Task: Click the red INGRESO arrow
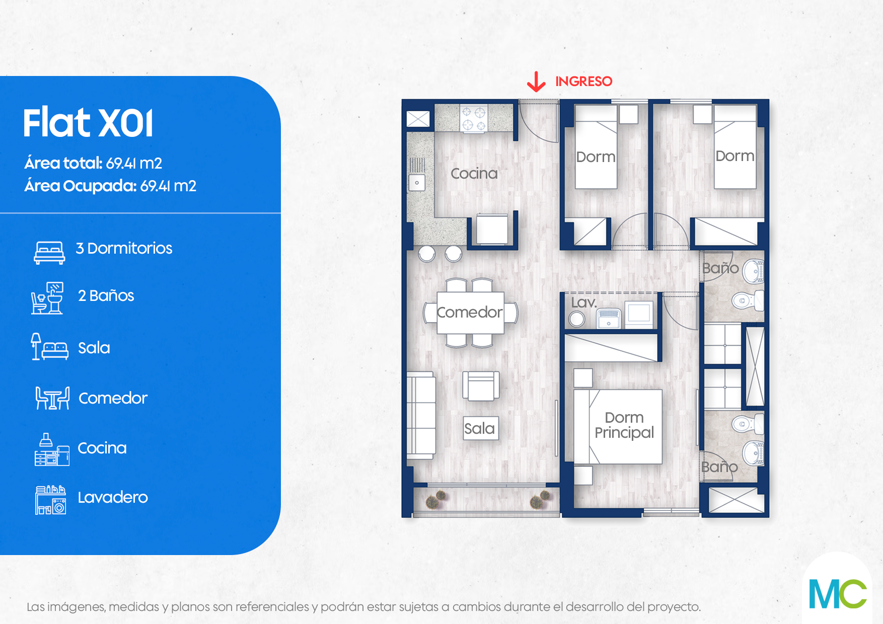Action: click(x=536, y=82)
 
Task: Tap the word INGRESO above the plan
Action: click(x=583, y=81)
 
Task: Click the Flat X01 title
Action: click(x=88, y=123)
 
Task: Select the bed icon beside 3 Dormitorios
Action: click(x=49, y=252)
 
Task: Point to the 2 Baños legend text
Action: click(x=106, y=295)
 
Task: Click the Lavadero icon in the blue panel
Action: click(x=50, y=500)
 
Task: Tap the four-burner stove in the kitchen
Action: click(x=474, y=118)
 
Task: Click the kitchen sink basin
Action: click(x=417, y=183)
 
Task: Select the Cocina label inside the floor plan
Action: click(x=474, y=174)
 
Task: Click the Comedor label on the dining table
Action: click(x=470, y=312)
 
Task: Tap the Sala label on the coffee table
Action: click(x=480, y=428)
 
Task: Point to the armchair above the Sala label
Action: click(x=481, y=385)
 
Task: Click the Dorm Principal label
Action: click(x=624, y=425)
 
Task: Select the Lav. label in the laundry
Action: click(x=584, y=302)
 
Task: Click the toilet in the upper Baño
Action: click(x=748, y=301)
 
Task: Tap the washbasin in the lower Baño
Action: click(x=753, y=452)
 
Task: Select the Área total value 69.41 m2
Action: click(x=134, y=163)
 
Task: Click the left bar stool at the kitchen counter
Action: click(x=427, y=254)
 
